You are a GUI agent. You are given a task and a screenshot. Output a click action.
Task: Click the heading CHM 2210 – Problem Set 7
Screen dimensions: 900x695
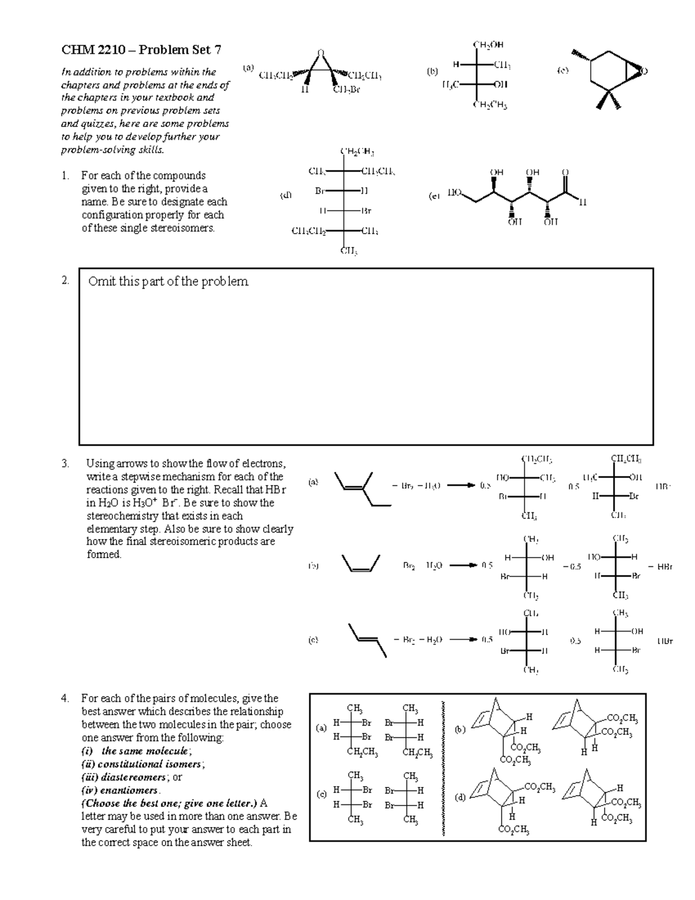tap(141, 50)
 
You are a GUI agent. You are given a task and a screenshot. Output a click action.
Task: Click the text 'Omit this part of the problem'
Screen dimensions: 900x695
tap(168, 282)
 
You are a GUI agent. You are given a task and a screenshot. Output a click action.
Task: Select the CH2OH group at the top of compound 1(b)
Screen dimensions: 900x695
tap(488, 44)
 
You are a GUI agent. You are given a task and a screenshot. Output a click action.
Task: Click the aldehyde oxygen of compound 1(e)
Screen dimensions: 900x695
tap(566, 172)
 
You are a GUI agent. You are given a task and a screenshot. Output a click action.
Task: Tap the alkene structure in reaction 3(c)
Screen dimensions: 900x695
tap(367, 639)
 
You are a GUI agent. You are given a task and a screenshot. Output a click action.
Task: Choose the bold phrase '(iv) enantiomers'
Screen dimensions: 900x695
tap(120, 790)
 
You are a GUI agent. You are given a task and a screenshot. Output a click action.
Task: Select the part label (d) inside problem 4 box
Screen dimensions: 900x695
tap(460, 798)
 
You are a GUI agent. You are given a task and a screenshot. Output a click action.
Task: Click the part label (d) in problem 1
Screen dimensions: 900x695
tap(286, 196)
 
